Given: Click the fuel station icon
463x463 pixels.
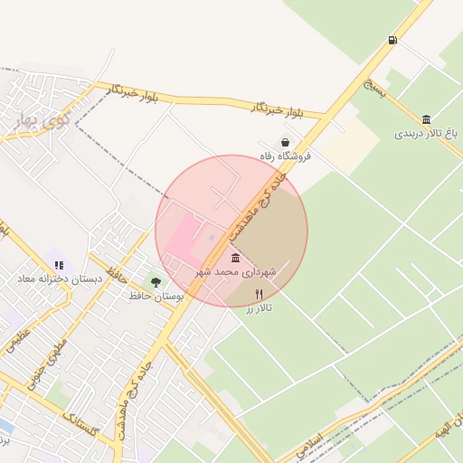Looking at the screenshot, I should tap(392, 40).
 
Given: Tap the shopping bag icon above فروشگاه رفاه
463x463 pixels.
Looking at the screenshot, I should tap(286, 142).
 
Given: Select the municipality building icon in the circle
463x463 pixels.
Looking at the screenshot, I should tap(236, 259).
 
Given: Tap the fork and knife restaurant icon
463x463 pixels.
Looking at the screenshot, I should tap(260, 294).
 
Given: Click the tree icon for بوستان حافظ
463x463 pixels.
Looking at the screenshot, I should tap(156, 283).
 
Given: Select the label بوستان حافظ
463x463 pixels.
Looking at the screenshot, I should tap(156, 297).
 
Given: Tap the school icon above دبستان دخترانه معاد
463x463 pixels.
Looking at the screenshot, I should tap(59, 266).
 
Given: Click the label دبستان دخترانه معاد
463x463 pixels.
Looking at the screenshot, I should tap(58, 279).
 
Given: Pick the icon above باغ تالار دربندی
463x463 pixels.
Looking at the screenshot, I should tap(426, 119).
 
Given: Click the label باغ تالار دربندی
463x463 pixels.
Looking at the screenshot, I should tap(426, 134).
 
